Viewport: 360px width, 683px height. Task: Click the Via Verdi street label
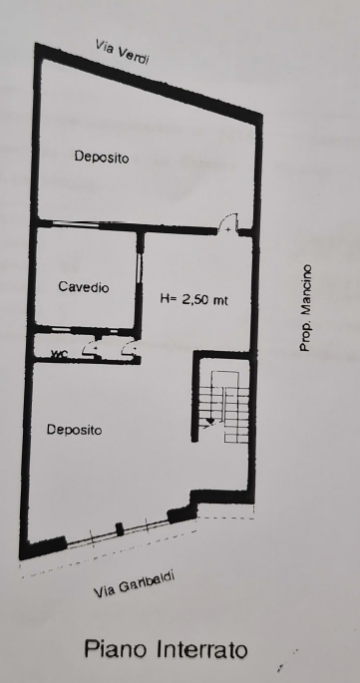(123, 52)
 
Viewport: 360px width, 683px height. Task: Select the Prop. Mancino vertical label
(305, 307)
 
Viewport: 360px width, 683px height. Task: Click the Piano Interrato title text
(167, 649)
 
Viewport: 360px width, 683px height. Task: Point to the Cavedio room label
(84, 287)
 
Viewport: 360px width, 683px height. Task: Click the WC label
(59, 354)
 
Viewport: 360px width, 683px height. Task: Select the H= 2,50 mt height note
(194, 299)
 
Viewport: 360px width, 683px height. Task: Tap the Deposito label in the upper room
(102, 157)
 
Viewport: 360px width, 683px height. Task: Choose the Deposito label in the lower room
(75, 430)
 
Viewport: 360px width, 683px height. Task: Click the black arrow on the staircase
(210, 421)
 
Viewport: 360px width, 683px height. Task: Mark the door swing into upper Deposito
(228, 223)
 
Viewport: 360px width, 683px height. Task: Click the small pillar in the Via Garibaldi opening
(120, 529)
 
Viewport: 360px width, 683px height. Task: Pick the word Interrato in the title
(202, 649)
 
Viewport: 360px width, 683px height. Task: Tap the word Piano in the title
(117, 649)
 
